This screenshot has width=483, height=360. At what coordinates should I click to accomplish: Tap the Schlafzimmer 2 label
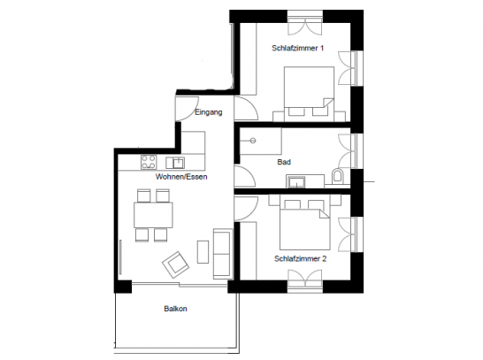click(301, 258)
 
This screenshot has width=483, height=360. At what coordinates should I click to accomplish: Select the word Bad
click(284, 162)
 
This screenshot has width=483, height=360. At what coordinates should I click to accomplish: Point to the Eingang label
click(208, 113)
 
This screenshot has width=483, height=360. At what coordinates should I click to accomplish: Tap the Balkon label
click(175, 309)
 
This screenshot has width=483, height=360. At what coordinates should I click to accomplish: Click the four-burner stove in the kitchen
click(149, 162)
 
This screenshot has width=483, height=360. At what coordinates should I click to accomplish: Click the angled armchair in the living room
click(176, 263)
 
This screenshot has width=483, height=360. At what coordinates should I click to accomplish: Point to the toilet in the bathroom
click(337, 176)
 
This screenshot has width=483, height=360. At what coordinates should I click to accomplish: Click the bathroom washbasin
click(295, 180)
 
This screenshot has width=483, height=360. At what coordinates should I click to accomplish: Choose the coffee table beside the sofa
click(203, 249)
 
